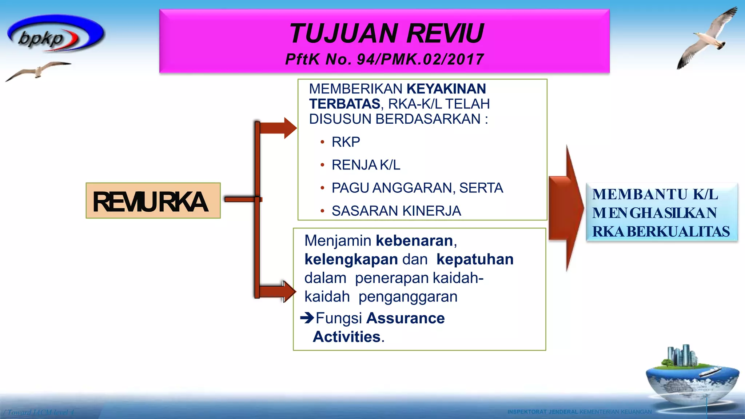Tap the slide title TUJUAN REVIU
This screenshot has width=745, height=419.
point(386,33)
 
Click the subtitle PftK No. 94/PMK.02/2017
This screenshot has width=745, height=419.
point(385,59)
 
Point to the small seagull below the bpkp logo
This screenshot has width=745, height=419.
point(38,70)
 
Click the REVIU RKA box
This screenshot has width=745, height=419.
point(153,201)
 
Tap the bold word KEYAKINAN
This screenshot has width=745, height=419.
point(446,89)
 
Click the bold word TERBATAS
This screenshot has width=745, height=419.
point(344,104)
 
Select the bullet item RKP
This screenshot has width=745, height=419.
point(346,142)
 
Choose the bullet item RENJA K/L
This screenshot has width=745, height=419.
point(366,165)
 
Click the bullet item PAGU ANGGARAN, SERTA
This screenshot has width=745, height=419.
point(417,188)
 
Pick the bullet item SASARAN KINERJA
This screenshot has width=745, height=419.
point(396,211)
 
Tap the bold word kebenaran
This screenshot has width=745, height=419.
point(414,241)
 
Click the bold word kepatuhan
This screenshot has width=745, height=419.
point(475,259)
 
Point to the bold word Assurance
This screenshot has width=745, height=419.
point(405,318)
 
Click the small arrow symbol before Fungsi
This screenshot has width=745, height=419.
point(307,318)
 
